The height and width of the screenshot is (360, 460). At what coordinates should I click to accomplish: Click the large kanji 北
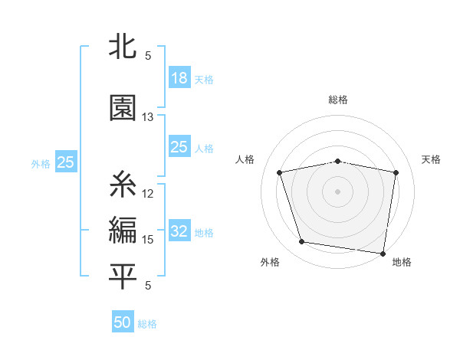click(x=123, y=47)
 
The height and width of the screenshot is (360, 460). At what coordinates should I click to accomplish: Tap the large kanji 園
click(x=123, y=108)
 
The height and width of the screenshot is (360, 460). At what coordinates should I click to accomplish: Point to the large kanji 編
click(x=123, y=230)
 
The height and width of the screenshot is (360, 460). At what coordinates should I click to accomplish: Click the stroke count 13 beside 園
click(x=148, y=117)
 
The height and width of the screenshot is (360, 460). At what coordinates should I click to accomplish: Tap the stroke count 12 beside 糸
click(x=148, y=193)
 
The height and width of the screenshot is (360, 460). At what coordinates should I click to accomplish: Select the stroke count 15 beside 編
click(x=148, y=240)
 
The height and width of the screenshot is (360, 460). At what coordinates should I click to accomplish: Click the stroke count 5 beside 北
click(x=148, y=56)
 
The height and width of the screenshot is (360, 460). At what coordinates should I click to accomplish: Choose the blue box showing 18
click(x=179, y=78)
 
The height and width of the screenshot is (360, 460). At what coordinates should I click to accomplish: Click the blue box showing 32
click(x=179, y=231)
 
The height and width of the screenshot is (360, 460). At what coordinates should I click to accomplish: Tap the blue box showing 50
click(x=123, y=322)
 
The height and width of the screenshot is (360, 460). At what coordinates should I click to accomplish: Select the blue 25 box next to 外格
click(x=65, y=162)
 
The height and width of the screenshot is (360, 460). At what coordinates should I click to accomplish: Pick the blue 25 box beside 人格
click(x=179, y=147)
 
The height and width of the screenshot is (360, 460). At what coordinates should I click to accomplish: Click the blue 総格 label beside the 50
click(x=147, y=324)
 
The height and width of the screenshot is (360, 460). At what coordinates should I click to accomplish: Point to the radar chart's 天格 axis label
click(x=432, y=159)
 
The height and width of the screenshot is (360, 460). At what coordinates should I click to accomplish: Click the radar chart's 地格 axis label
click(x=402, y=262)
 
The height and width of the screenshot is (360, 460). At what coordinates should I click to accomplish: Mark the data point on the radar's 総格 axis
click(x=338, y=161)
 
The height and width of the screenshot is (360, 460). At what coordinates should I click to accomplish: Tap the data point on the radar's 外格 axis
click(x=302, y=242)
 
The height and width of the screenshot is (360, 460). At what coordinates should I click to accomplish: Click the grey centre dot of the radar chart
click(x=338, y=191)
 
